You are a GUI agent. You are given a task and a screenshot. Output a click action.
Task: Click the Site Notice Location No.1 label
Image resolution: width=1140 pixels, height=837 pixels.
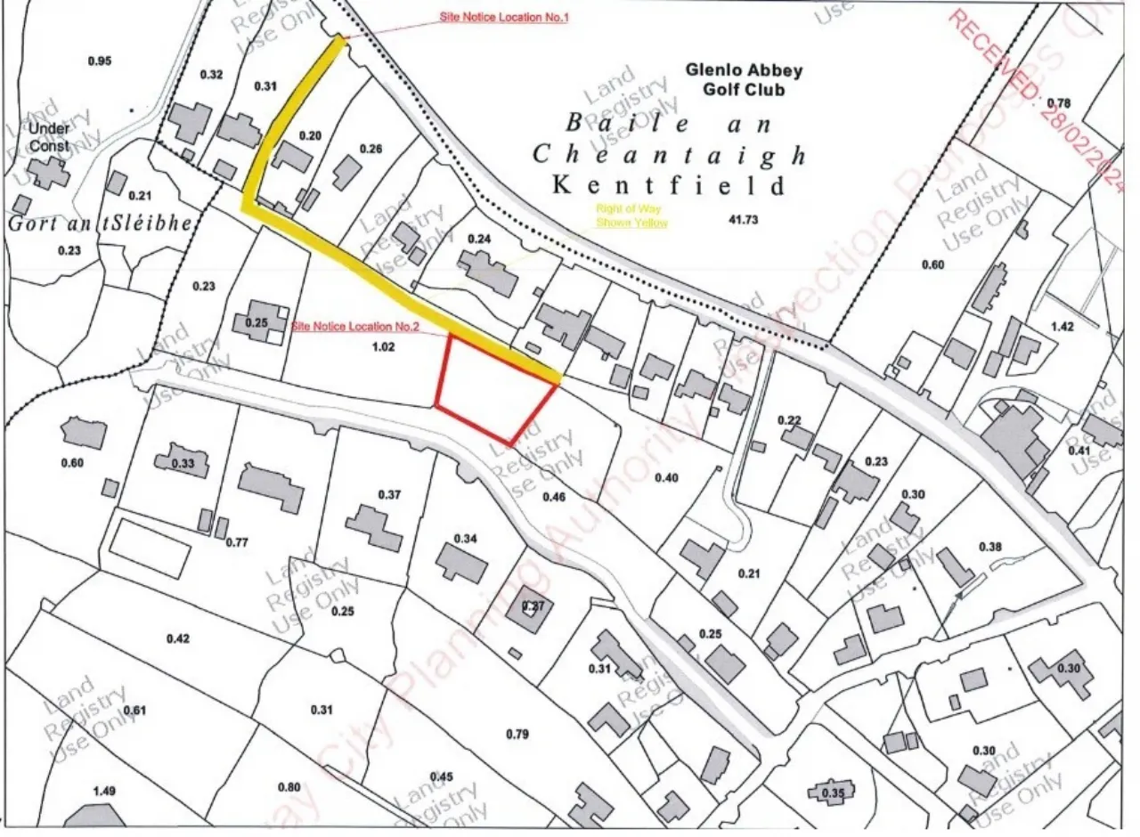point(503,18)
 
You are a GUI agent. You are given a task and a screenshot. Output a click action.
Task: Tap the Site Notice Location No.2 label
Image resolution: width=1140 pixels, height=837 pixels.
point(356,327)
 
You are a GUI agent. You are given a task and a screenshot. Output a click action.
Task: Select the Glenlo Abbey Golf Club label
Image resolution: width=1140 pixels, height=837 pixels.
point(744,78)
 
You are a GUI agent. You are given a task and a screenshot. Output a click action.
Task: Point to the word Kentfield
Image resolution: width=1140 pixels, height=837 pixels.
point(670,185)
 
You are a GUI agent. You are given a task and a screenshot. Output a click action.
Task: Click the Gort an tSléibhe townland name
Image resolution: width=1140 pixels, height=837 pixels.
point(100,223)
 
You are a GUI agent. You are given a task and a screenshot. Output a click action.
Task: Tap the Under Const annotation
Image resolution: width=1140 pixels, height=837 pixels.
point(48,137)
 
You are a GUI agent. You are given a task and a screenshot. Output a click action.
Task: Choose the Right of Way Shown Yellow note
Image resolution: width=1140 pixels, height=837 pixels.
point(631,216)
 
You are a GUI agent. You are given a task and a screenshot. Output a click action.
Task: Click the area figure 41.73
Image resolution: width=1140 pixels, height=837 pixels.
point(742,219)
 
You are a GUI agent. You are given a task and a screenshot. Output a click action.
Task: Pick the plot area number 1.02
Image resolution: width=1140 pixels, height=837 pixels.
point(382,347)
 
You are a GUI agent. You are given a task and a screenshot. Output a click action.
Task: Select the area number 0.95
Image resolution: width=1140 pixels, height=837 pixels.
point(101,61)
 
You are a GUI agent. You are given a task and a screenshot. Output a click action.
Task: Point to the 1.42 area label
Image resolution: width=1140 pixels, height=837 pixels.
point(1062,327)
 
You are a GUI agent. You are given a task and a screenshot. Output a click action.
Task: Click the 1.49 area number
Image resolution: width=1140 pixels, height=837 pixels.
point(105,791)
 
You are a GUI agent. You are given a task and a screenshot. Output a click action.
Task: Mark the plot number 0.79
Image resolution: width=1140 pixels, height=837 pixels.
point(517,734)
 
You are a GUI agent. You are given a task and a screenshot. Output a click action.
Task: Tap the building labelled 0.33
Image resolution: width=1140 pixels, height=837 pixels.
point(183,462)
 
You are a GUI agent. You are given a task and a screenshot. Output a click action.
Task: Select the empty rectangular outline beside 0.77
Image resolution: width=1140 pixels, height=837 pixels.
point(149,549)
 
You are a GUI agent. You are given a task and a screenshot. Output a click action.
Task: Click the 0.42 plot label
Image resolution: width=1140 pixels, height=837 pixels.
point(178,638)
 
